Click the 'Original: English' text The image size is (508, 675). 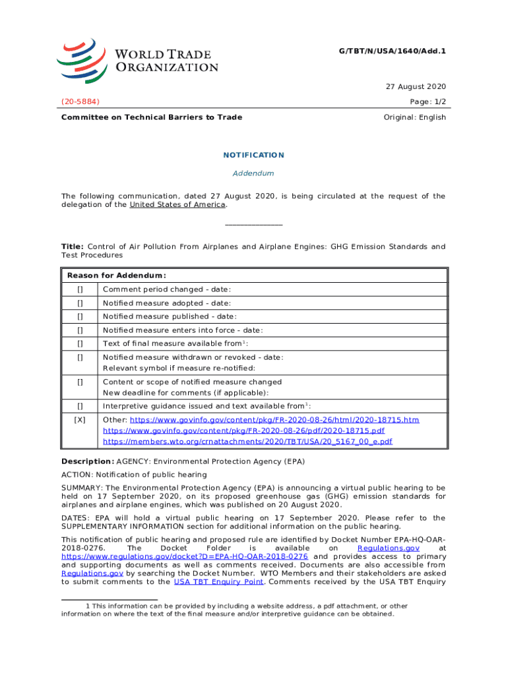(x=414, y=117)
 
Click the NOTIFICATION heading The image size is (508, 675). (x=254, y=155)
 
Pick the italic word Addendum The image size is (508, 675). (x=254, y=173)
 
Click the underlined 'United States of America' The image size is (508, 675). (x=177, y=204)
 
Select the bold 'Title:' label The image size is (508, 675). (x=73, y=247)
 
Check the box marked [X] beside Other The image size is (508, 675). (x=80, y=420)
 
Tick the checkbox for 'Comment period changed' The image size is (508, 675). (x=80, y=289)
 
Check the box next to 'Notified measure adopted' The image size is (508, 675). (x=80, y=303)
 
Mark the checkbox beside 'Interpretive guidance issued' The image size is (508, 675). (x=80, y=406)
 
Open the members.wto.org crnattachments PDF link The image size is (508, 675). (x=247, y=441)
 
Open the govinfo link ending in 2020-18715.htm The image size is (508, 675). (x=274, y=420)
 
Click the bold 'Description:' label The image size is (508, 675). (x=87, y=461)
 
